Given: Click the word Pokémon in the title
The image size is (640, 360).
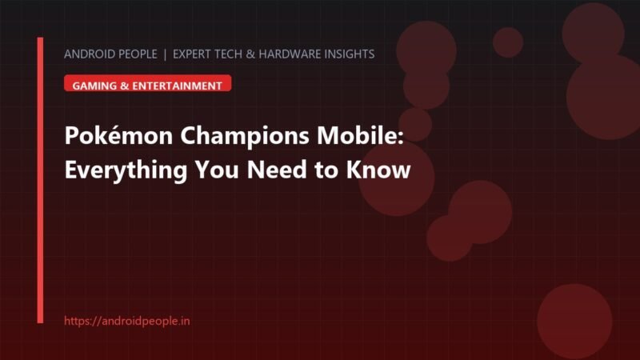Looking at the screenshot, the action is tap(118, 135).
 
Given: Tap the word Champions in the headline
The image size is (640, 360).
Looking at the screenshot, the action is tap(245, 136).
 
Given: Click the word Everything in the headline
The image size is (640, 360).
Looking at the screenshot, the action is tap(126, 170).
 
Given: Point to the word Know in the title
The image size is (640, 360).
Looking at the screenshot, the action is tap(378, 169).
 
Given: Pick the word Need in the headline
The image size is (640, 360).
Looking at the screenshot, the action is tap(277, 169).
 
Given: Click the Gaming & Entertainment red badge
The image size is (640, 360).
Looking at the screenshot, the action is tap(148, 83).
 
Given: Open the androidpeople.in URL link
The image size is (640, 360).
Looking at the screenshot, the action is tap(127, 321).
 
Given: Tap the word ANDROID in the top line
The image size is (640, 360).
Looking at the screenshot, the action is tap(88, 54).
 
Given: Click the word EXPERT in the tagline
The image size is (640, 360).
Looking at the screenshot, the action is tap(192, 54).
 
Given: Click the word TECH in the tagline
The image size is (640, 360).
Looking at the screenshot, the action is tap(229, 54).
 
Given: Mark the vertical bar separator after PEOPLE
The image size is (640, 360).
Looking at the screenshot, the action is tap(165, 54).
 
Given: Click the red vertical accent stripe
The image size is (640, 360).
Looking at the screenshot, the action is tap(40, 181).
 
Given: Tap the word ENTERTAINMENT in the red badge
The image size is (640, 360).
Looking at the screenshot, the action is tap(177, 86).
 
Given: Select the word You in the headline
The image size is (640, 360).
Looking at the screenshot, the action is tap(217, 169).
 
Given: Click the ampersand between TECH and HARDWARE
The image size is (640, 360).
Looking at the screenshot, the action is tap(250, 54).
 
